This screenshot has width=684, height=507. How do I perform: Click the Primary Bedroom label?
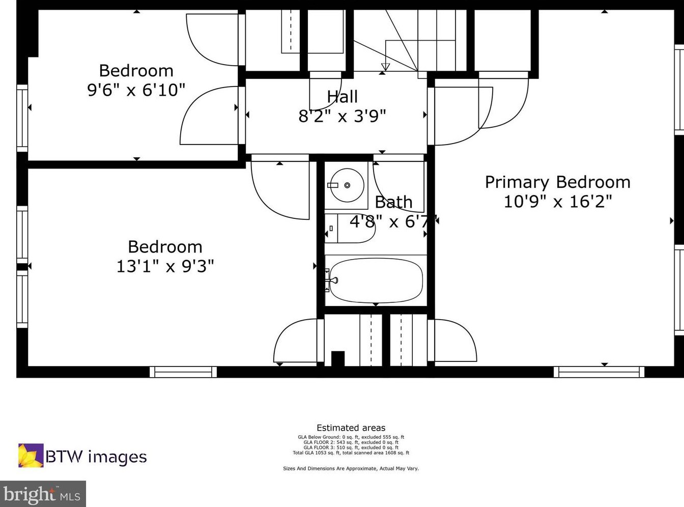[558, 182]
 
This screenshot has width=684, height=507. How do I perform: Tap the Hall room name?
[343, 97]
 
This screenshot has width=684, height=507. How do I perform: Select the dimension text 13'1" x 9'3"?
[165, 266]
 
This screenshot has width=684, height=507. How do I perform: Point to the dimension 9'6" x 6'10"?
[136, 90]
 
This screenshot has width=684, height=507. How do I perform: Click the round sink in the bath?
[347, 185]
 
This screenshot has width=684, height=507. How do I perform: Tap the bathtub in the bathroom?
[376, 280]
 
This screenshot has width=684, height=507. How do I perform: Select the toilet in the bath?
[350, 229]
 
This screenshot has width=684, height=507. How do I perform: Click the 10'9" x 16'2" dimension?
[558, 202]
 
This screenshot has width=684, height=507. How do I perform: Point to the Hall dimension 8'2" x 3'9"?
[343, 117]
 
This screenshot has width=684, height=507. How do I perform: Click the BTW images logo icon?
[31, 456]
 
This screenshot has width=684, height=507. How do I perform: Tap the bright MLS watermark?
[43, 494]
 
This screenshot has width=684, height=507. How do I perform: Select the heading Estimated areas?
[351, 428]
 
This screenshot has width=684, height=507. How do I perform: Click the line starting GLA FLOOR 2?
[351, 442]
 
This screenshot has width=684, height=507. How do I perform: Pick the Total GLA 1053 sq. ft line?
[351, 453]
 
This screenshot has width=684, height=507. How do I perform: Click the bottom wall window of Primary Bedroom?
[599, 372]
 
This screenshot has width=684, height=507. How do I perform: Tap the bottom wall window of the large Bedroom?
[183, 372]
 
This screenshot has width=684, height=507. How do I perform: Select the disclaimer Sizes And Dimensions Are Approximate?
[351, 468]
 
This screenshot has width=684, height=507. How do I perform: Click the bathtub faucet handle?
[334, 280]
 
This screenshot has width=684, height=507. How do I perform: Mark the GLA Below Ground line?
[351, 437]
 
